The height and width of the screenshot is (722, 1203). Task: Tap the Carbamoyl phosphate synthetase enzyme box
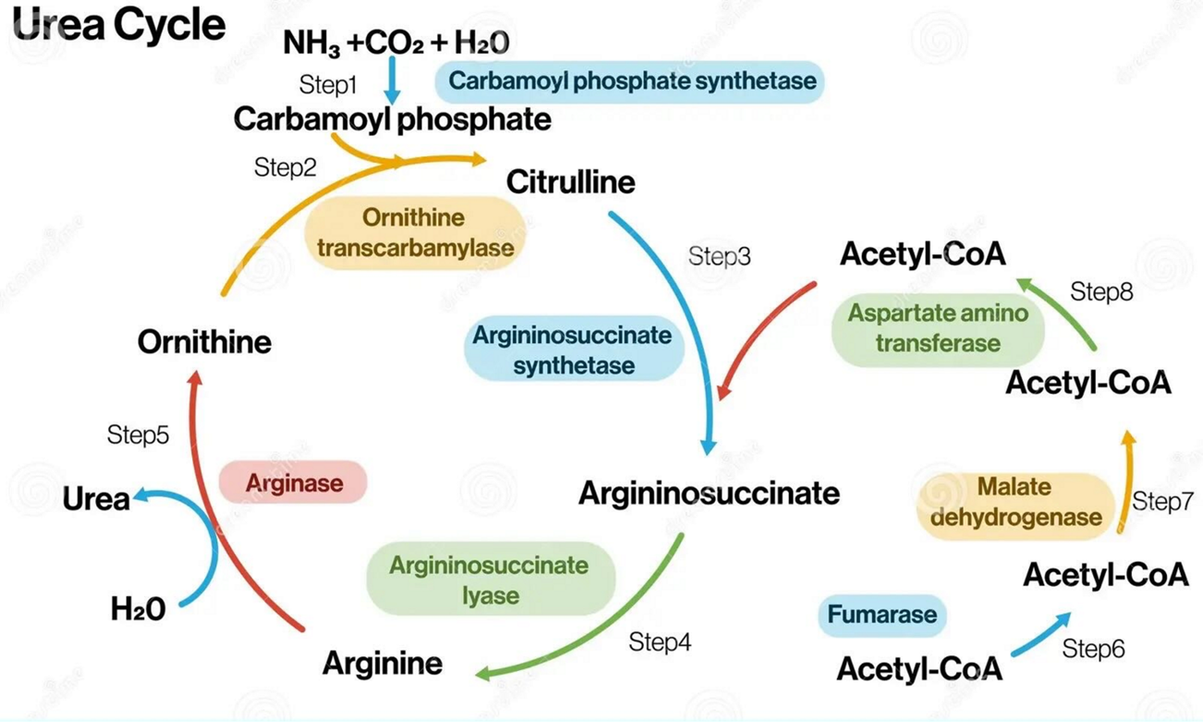click(x=632, y=80)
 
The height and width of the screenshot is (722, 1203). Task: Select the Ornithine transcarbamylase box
click(x=414, y=233)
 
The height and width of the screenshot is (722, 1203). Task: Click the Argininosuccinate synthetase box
click(x=573, y=349)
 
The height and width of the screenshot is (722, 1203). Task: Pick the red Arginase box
click(x=294, y=483)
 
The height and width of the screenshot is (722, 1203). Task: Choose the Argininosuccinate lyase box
click(x=490, y=580)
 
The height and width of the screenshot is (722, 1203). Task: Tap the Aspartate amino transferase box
click(x=937, y=327)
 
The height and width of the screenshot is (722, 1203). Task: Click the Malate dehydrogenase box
click(x=1015, y=501)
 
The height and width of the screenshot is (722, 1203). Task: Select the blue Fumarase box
click(x=881, y=615)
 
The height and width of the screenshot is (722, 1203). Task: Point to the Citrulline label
click(x=570, y=182)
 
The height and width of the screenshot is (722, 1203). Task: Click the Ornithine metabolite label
click(x=204, y=342)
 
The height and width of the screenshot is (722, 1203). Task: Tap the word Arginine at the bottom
click(x=383, y=663)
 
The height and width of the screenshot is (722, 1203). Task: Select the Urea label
click(x=95, y=499)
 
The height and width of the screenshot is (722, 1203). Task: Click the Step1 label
click(x=328, y=85)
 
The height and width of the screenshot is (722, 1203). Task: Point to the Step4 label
click(x=660, y=641)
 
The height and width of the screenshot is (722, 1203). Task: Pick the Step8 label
click(x=1101, y=292)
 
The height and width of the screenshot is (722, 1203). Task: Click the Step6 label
click(x=1093, y=649)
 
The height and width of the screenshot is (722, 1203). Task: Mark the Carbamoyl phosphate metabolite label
click(x=392, y=119)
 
